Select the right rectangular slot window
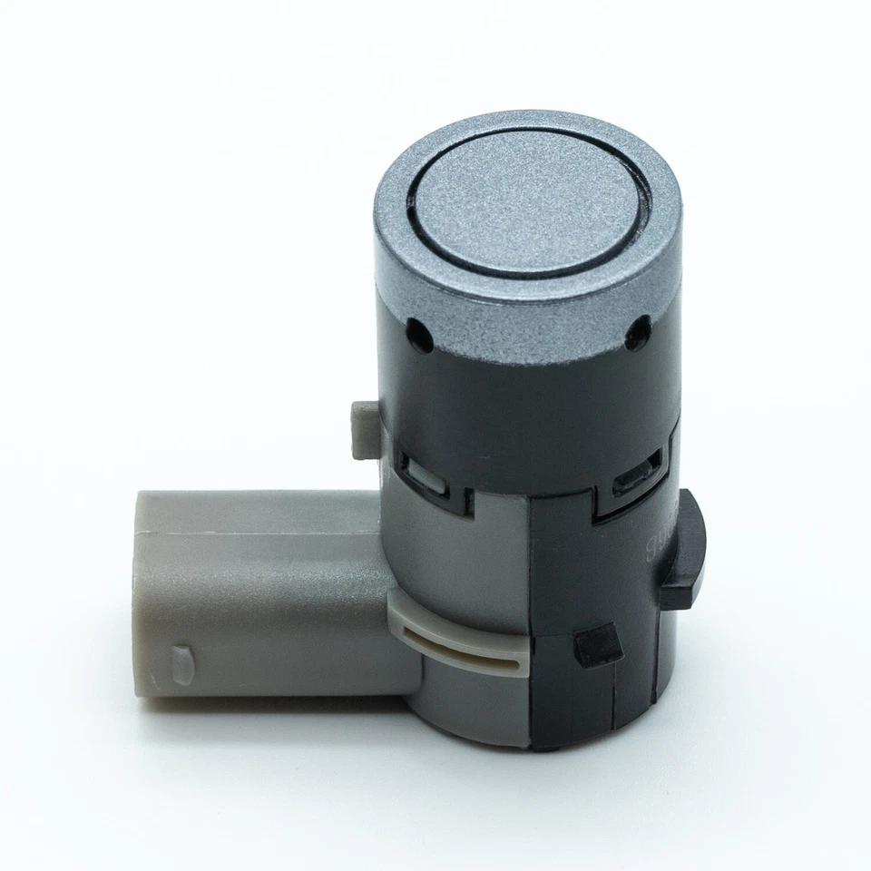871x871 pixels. (x=632, y=478)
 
